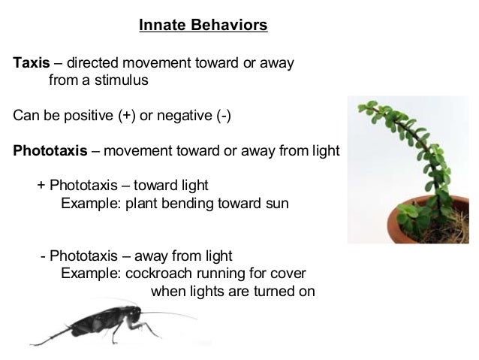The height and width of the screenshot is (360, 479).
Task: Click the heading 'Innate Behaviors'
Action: coord(203,26)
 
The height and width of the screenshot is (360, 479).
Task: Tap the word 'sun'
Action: coord(276,203)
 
